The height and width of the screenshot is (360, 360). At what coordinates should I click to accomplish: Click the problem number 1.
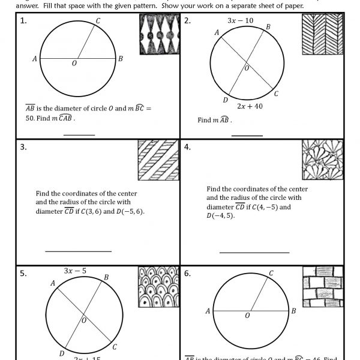(23, 21)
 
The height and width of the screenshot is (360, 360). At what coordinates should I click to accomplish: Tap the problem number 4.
(187, 146)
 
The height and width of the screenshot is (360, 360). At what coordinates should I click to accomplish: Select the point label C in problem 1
(98, 21)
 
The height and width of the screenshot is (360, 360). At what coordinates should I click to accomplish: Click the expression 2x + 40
(250, 106)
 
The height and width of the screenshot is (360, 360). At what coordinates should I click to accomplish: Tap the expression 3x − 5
(75, 271)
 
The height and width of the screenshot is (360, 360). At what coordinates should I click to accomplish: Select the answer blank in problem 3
(78, 251)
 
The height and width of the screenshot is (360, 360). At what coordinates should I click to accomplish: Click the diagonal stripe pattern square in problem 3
(158, 160)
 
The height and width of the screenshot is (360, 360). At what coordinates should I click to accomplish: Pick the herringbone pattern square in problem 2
(322, 34)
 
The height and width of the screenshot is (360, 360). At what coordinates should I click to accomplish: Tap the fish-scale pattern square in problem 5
(158, 287)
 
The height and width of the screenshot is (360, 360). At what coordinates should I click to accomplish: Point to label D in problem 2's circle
(225, 100)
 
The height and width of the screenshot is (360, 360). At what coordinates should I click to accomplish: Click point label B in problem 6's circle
(293, 311)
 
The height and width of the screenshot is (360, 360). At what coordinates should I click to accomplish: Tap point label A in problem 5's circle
(53, 283)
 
